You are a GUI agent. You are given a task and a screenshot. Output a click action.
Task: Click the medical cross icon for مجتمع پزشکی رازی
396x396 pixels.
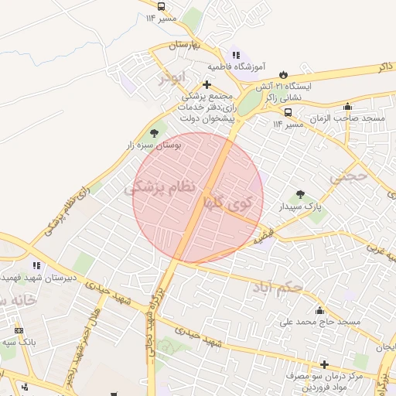coord(207,84)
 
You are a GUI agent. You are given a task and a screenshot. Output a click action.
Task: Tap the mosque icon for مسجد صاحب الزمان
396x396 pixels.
coord(348,107)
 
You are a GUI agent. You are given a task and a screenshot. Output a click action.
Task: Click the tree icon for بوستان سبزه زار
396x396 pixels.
coord(155,132)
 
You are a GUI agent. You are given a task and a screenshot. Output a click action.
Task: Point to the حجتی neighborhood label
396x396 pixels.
coord(347,176)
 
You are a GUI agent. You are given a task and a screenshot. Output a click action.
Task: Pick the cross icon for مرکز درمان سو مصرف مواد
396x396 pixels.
coord(324,364)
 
